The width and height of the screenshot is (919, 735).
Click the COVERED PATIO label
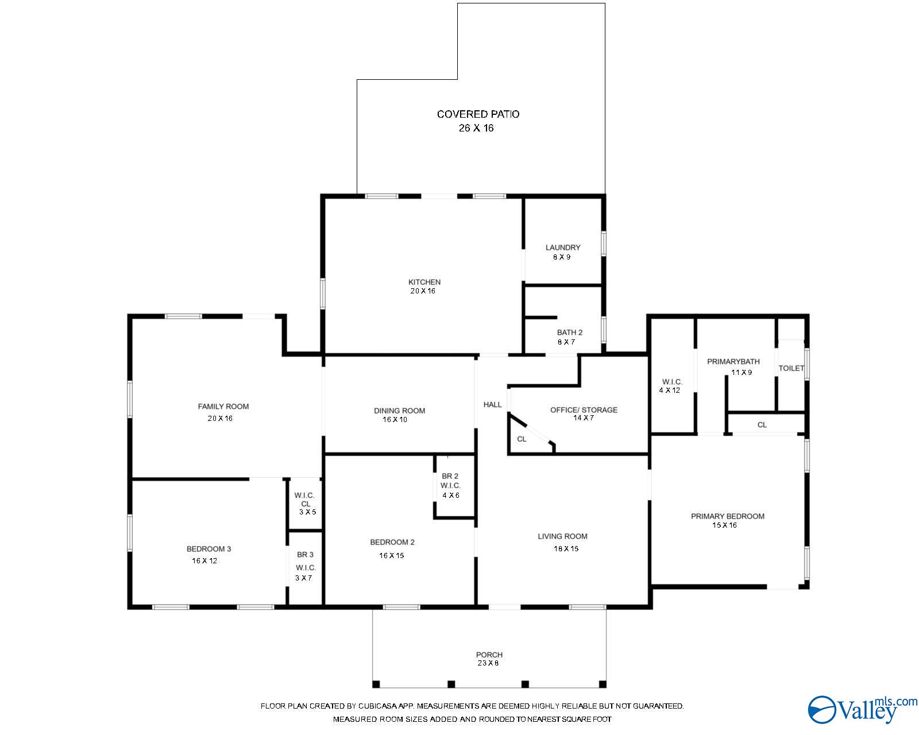pyautogui.click(x=478, y=114)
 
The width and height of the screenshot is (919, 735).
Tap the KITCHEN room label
pyautogui.click(x=424, y=282)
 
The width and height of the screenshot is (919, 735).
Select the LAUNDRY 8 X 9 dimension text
pyautogui.click(x=562, y=257)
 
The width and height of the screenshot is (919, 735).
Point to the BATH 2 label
pyautogui.click(x=569, y=332)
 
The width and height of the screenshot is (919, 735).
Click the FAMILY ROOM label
pyautogui.click(x=223, y=407)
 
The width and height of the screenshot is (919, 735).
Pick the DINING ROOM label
pyautogui.click(x=399, y=411)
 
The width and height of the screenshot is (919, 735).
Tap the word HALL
pyautogui.click(x=492, y=404)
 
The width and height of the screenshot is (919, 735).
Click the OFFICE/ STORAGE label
pyautogui.click(x=584, y=410)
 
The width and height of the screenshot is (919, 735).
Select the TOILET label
pyautogui.click(x=791, y=368)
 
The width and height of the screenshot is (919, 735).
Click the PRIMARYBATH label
pyautogui.click(x=733, y=362)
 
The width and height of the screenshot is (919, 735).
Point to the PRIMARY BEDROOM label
pyautogui.click(x=728, y=516)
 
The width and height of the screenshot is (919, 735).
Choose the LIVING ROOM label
pyautogui.click(x=562, y=536)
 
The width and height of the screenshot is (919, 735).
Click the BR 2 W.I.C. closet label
pyautogui.click(x=450, y=481)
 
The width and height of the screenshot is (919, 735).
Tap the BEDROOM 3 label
pyautogui.click(x=209, y=549)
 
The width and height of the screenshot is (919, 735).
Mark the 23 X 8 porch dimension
pyautogui.click(x=488, y=663)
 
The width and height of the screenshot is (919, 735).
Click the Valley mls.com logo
pyautogui.click(x=862, y=709)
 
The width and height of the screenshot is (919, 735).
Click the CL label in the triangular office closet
pyautogui.click(x=522, y=439)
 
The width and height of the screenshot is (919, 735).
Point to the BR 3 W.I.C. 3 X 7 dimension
pyautogui.click(x=304, y=578)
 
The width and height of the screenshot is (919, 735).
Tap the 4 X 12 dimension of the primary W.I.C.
pyautogui.click(x=669, y=390)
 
